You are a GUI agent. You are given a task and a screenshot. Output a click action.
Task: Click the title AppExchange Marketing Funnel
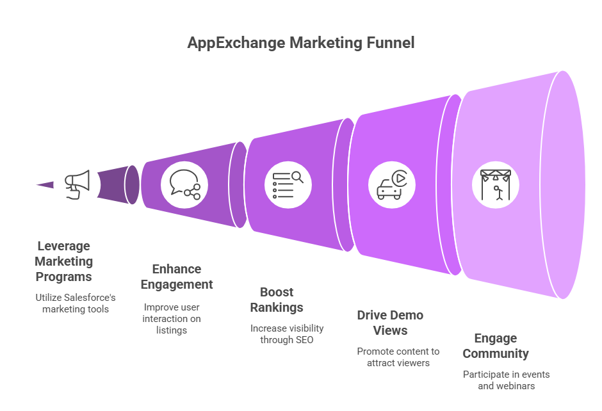pyautogui.click(x=300, y=43)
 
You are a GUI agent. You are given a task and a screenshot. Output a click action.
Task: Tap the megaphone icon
pyautogui.click(x=77, y=184)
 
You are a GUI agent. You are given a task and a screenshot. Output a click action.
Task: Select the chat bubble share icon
pyautogui.click(x=184, y=184)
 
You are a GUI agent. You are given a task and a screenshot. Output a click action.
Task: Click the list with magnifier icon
pyautogui.click(x=288, y=184)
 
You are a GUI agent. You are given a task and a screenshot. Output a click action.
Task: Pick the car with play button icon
pyautogui.click(x=391, y=185)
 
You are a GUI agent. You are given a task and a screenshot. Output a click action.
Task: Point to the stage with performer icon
pyautogui.click(x=496, y=185)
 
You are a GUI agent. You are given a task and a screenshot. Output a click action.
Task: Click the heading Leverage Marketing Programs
pyautogui.click(x=64, y=261)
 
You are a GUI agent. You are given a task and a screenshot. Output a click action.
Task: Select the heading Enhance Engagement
pyautogui.click(x=177, y=277)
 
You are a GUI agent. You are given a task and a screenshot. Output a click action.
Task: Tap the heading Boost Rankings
pyautogui.click(x=277, y=300)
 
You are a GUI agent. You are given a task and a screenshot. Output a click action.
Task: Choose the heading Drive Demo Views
pyautogui.click(x=390, y=323)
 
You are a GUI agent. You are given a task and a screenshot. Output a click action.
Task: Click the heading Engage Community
pyautogui.click(x=496, y=345)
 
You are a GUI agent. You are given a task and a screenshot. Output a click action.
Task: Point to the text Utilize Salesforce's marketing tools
pyautogui.click(x=76, y=303)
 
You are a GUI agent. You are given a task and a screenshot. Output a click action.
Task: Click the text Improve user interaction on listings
pyautogui.click(x=172, y=319)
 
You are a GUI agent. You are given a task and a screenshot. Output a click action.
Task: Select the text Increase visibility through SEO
pyautogui.click(x=287, y=334)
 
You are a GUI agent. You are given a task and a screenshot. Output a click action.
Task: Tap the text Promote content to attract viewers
pyautogui.click(x=398, y=357)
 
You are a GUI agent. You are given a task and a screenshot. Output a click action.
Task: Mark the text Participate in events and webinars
pyautogui.click(x=507, y=380)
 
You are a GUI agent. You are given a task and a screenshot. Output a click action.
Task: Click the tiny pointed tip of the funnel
pyautogui.click(x=37, y=184)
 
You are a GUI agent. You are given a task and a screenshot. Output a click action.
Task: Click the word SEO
pyautogui.click(x=304, y=340)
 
